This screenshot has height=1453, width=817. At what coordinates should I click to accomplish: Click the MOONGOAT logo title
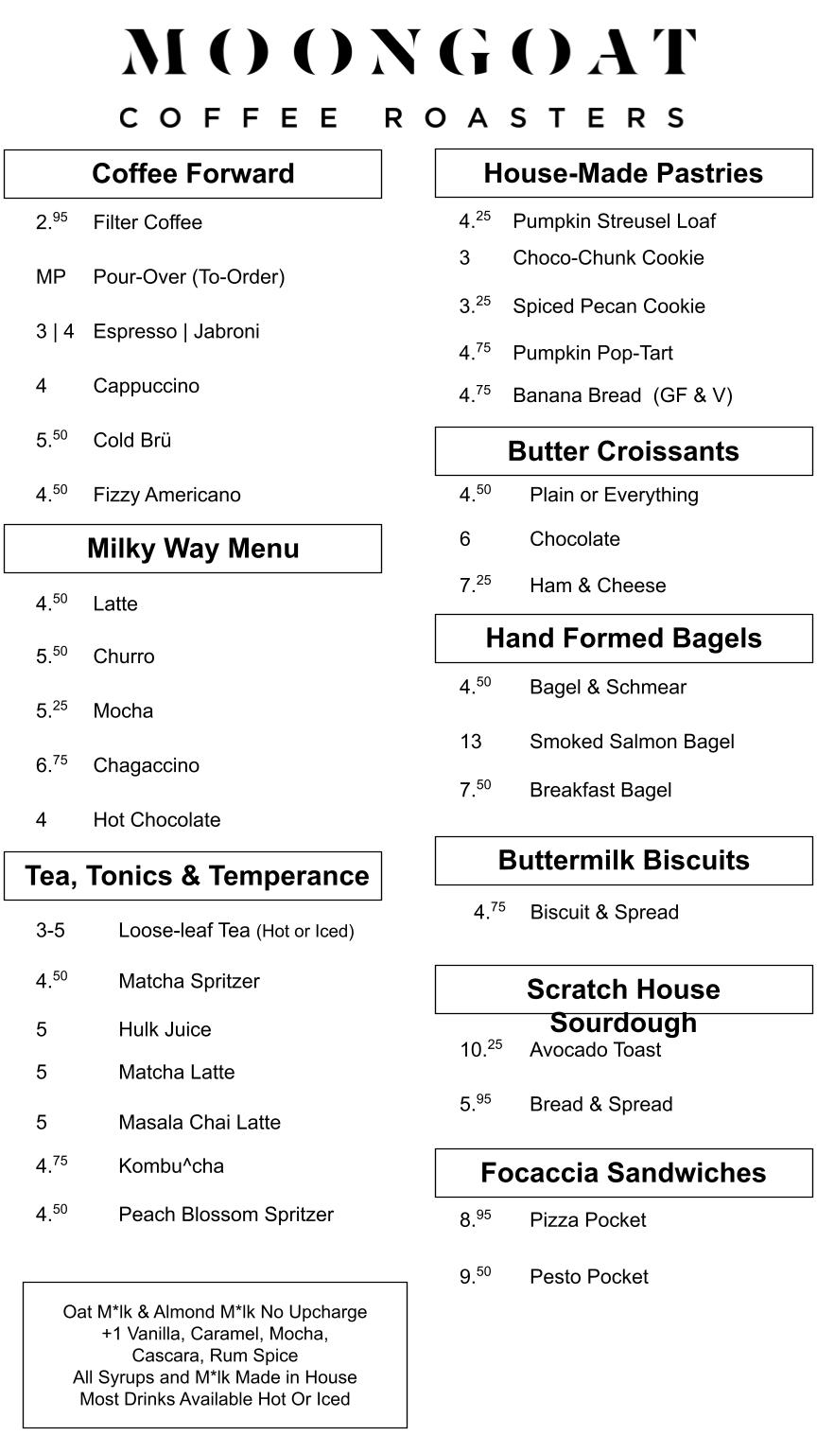pyautogui.click(x=408, y=53)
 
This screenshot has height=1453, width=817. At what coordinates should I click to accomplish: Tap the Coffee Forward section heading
pyautogui.click(x=193, y=174)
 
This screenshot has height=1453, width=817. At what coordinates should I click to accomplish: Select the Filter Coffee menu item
pyautogui.click(x=148, y=223)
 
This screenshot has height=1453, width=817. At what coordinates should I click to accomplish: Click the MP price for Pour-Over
pyautogui.click(x=51, y=277)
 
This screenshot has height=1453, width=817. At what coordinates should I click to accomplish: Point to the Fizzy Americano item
pyautogui.click(x=166, y=496)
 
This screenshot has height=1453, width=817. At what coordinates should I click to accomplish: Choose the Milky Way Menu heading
pyautogui.click(x=193, y=549)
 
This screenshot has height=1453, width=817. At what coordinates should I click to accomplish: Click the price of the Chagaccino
pyautogui.click(x=52, y=764)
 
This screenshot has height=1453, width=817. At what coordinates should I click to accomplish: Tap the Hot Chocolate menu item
pyautogui.click(x=157, y=820)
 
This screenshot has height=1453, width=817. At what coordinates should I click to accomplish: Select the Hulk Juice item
pyautogui.click(x=165, y=1029)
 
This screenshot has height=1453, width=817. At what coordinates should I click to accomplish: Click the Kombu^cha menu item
pyautogui.click(x=171, y=1166)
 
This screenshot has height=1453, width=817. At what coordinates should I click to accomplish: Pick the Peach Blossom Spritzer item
pyautogui.click(x=226, y=1215)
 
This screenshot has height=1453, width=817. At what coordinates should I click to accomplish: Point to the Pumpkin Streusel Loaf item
pyautogui.click(x=614, y=221)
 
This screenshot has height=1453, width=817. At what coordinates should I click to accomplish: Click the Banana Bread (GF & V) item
pyautogui.click(x=622, y=395)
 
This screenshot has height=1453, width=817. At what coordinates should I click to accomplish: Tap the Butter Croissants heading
pyautogui.click(x=623, y=451)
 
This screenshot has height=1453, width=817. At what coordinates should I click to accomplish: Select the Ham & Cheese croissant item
pyautogui.click(x=598, y=586)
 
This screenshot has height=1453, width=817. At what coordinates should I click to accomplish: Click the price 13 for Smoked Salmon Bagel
pyautogui.click(x=471, y=742)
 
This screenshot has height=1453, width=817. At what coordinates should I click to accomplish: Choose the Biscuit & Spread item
pyautogui.click(x=604, y=913)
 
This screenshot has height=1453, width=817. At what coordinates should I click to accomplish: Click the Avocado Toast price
pyautogui.click(x=481, y=1049)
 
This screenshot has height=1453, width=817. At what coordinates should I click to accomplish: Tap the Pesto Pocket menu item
pyautogui.click(x=589, y=1277)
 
